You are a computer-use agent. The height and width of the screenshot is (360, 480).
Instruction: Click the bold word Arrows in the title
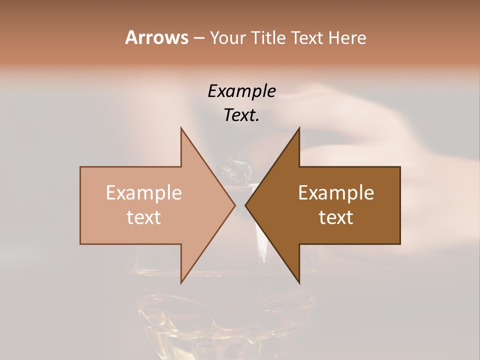pos(156,37)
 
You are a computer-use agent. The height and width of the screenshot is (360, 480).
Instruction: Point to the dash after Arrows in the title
pos(198,38)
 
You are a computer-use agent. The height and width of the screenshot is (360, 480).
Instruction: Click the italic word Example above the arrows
pos(241,91)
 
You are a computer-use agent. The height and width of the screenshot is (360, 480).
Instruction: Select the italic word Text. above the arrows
pos(241,115)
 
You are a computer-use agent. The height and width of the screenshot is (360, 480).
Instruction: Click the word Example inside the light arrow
pos(144,193)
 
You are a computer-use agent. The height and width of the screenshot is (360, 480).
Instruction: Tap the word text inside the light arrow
pos(144,217)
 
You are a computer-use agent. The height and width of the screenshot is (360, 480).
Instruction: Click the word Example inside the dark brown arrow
pos(336,193)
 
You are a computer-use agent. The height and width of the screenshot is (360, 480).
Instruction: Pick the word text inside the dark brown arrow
pos(336,217)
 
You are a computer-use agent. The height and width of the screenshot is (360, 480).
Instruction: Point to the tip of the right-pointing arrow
pos(234,205)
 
